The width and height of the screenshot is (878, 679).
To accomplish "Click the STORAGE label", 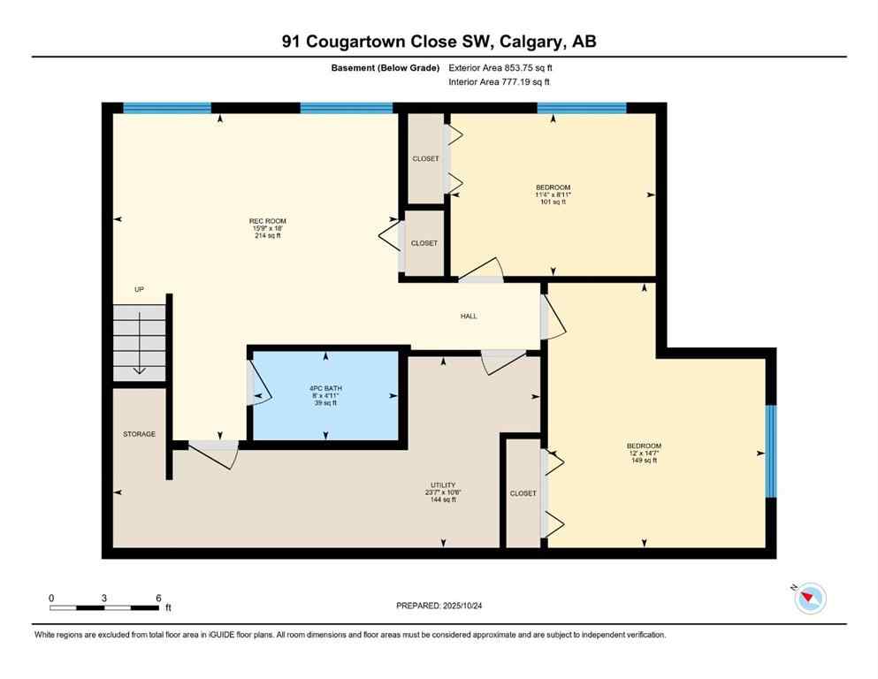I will click(139, 434).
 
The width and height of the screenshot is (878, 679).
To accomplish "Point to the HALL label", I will click(469, 316).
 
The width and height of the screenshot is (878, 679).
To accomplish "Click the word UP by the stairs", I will click(139, 289).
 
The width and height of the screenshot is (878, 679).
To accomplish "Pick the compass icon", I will click(809, 599).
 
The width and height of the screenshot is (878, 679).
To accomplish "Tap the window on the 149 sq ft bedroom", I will click(770, 451).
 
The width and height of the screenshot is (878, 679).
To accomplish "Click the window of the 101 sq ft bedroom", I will click(582, 108).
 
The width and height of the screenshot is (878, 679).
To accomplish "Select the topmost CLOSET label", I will click(425, 159).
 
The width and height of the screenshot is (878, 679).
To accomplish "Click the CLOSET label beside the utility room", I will click(523, 493).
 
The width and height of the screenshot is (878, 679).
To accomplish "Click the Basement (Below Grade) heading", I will click(386, 67).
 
